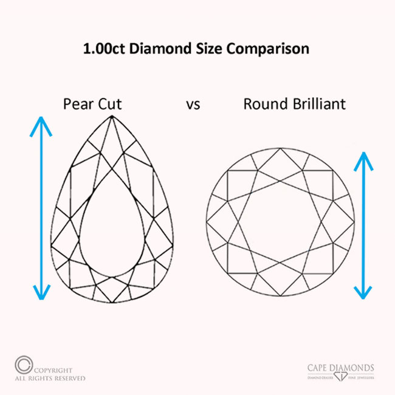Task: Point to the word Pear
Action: tap(77, 104)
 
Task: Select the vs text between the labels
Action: tap(193, 105)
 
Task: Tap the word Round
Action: tap(264, 104)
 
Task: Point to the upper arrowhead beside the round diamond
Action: tap(363, 159)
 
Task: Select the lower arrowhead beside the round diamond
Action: tap(363, 291)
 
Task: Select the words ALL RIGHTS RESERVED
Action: tap(51, 378)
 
